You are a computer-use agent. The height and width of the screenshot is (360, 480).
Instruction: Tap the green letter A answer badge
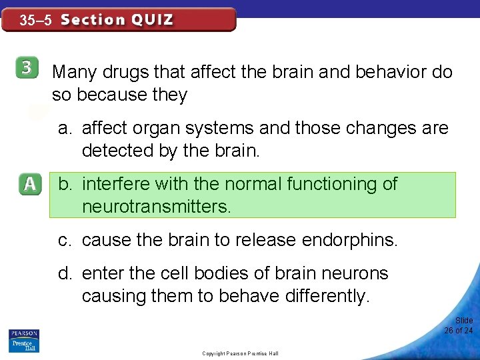click(x=31, y=185)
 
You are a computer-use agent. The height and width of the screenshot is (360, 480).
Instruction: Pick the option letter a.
click(x=64, y=127)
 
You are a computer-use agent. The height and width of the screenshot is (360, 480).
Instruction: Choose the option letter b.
click(x=65, y=184)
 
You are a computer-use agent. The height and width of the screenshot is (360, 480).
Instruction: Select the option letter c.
click(x=63, y=240)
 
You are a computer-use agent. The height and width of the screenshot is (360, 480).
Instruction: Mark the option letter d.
click(x=64, y=273)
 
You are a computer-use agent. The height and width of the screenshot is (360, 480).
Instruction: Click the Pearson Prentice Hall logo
click(x=24, y=341)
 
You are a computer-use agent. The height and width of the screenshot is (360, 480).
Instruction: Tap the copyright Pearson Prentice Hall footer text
click(x=240, y=353)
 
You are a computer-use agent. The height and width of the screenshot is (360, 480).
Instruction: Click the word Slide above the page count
click(x=464, y=321)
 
